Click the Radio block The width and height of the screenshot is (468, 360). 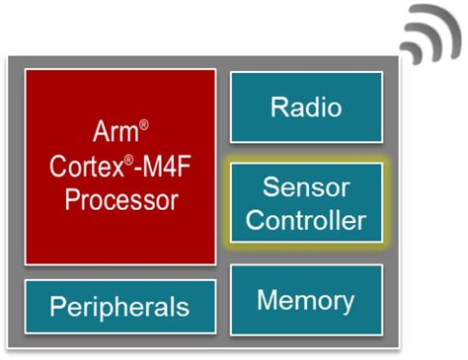tap(305, 107)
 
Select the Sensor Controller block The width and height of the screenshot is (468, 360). tap(305, 202)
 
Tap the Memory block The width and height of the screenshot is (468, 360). tap(305, 300)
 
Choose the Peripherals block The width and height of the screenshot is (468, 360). tap(119, 306)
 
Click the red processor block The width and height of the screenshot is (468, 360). tap(119, 166)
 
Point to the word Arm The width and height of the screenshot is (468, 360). tap(115, 131)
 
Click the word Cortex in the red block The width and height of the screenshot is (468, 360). tap(82, 165)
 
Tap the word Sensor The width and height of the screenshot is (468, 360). tap(305, 185)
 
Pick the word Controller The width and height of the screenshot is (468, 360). tap(305, 219)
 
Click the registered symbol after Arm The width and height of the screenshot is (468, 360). tap(143, 123)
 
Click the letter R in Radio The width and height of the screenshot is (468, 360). tap(277, 107)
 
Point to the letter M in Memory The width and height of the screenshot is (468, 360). tap(268, 300)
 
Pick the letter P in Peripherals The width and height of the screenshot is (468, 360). tap(57, 306)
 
